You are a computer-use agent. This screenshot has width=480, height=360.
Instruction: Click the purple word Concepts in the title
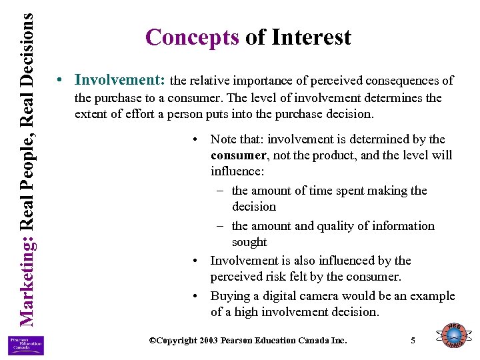click(x=192, y=37)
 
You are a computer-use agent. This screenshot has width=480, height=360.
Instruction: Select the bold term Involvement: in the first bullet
click(x=121, y=81)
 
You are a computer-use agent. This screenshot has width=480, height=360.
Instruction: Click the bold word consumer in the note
click(x=238, y=155)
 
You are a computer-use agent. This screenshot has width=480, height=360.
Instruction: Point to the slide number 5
click(x=413, y=341)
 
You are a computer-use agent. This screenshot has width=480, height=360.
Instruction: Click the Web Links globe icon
click(x=453, y=336)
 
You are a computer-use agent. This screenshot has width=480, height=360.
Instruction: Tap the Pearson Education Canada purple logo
click(x=26, y=345)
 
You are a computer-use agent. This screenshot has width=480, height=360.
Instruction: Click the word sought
click(x=249, y=242)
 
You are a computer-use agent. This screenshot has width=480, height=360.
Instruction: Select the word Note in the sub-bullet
click(x=224, y=139)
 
